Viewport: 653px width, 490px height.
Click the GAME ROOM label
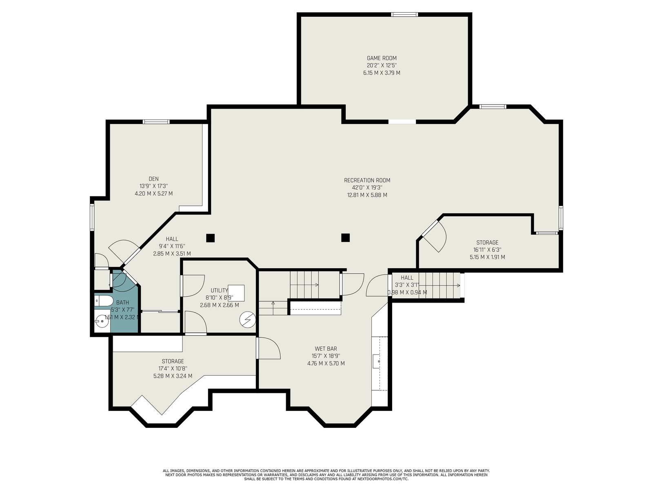[381, 58]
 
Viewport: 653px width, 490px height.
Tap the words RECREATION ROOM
[367, 180]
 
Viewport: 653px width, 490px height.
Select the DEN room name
[153, 179]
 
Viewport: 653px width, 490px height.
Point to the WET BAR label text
[326, 348]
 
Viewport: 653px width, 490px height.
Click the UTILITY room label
[219, 290]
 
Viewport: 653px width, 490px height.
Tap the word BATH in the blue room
[122, 303]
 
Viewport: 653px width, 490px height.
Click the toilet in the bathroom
[104, 301]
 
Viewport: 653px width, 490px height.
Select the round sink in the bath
[102, 321]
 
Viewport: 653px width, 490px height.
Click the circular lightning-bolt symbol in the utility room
[247, 320]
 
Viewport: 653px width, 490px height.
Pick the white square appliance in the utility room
[236, 293]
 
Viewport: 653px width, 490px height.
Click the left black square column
[210, 238]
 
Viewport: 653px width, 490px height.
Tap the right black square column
[345, 237]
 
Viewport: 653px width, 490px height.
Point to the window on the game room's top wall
[404, 14]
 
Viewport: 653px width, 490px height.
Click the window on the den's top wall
[156, 122]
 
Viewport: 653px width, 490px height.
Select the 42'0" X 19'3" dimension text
[367, 188]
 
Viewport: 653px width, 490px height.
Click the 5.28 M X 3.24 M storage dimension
[173, 376]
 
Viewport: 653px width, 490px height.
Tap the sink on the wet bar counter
[378, 361]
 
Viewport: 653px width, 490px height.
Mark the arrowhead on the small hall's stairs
[458, 285]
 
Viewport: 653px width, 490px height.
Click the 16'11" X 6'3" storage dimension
[487, 250]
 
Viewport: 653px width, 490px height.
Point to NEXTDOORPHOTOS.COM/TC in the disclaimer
[383, 479]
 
